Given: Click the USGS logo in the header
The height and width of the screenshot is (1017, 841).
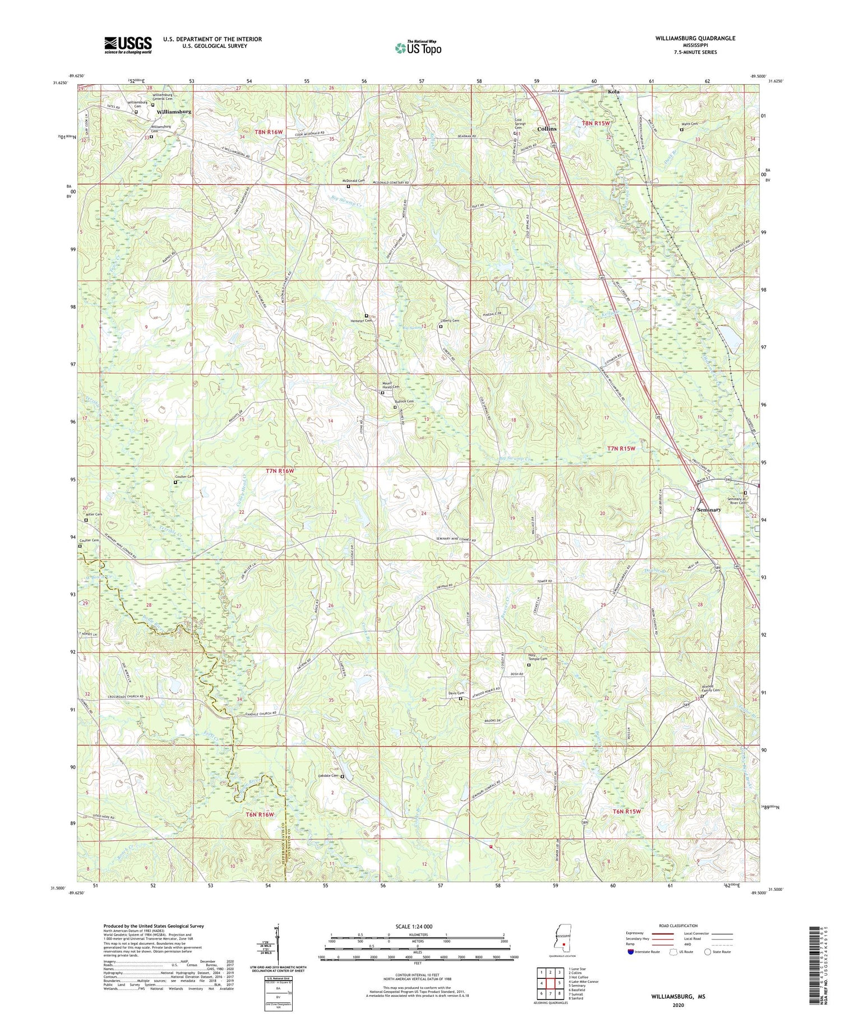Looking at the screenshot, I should [128, 45].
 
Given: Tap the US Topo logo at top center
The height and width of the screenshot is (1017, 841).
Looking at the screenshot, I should [418, 48].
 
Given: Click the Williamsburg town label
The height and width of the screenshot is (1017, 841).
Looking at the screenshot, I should [174, 112].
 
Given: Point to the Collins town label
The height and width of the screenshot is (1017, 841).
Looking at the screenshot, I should [547, 128].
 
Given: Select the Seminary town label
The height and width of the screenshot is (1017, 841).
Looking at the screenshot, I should [709, 509].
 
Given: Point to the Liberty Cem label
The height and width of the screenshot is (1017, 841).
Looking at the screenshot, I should [450, 321].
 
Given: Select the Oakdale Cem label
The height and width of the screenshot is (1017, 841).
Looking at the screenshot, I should [329, 776].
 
